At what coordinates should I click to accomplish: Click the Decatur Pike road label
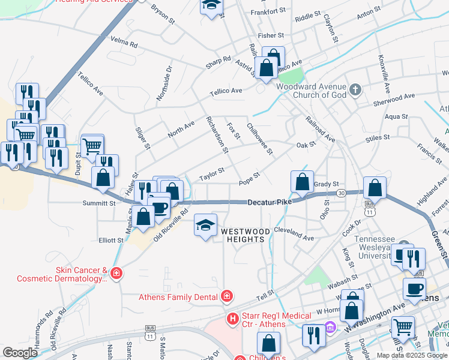point(270,203)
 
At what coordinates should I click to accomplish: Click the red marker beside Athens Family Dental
point(227,296)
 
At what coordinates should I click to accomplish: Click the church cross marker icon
point(355,91)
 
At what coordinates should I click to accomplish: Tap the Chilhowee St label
point(259,138)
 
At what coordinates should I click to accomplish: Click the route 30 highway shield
point(341,193)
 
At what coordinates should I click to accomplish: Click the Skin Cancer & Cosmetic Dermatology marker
point(116,274)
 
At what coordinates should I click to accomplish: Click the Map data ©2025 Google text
point(411,355)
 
